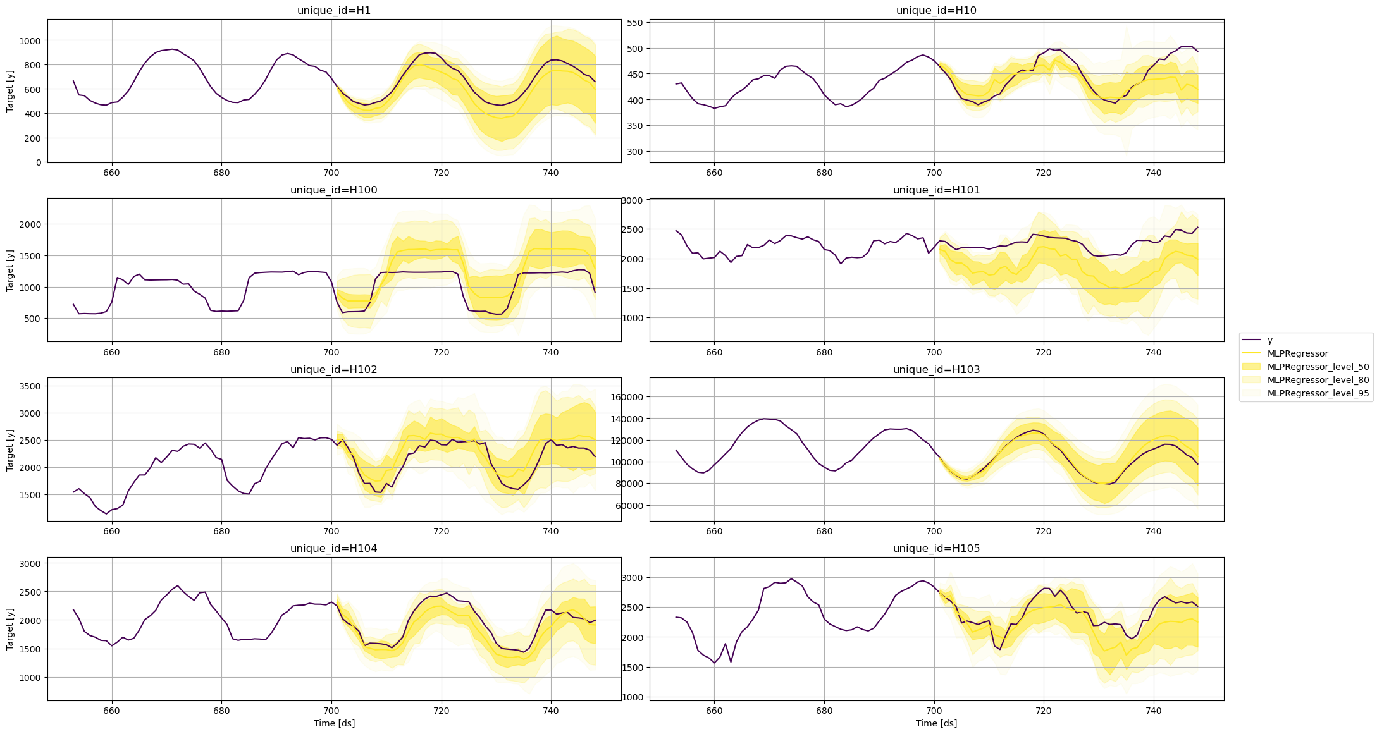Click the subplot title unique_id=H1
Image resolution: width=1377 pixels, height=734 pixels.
(x=334, y=11)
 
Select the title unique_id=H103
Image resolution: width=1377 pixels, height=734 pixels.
(x=936, y=369)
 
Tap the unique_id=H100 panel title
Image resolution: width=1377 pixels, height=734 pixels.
(x=334, y=190)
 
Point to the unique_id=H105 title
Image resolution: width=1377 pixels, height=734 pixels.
(x=936, y=548)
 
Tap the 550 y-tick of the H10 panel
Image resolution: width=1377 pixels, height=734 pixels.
(x=635, y=23)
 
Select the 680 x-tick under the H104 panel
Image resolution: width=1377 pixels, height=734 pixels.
(x=221, y=710)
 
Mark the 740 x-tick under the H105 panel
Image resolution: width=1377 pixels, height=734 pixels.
(x=1154, y=710)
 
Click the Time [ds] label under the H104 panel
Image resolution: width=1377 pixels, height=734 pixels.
(x=334, y=723)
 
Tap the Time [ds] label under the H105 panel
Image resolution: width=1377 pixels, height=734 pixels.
(x=936, y=723)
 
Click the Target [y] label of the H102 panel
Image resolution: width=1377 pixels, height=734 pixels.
(x=9, y=450)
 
